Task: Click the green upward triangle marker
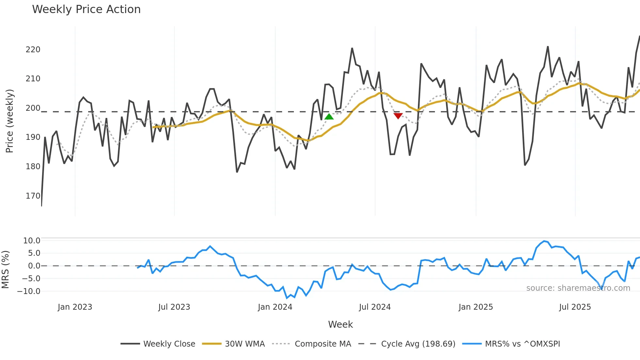(x=329, y=117)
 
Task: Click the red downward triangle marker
(x=398, y=116)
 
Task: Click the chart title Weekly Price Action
(x=86, y=9)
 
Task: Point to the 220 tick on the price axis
(x=33, y=50)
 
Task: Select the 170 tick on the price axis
(x=33, y=196)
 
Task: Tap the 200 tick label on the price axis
(x=33, y=108)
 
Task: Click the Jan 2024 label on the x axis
(x=275, y=307)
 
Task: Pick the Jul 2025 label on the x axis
(x=575, y=307)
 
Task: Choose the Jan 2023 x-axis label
(x=75, y=307)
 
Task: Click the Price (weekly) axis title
(x=9, y=121)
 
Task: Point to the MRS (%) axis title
(x=5, y=270)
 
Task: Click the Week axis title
(x=340, y=324)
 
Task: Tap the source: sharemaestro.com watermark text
(x=578, y=288)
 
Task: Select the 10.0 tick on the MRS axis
(x=32, y=241)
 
